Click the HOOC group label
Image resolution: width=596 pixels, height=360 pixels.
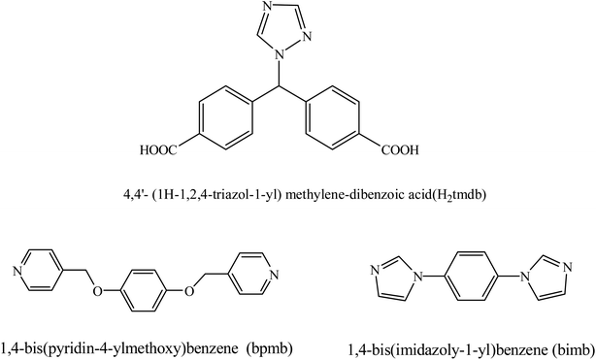click(x=166, y=150)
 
